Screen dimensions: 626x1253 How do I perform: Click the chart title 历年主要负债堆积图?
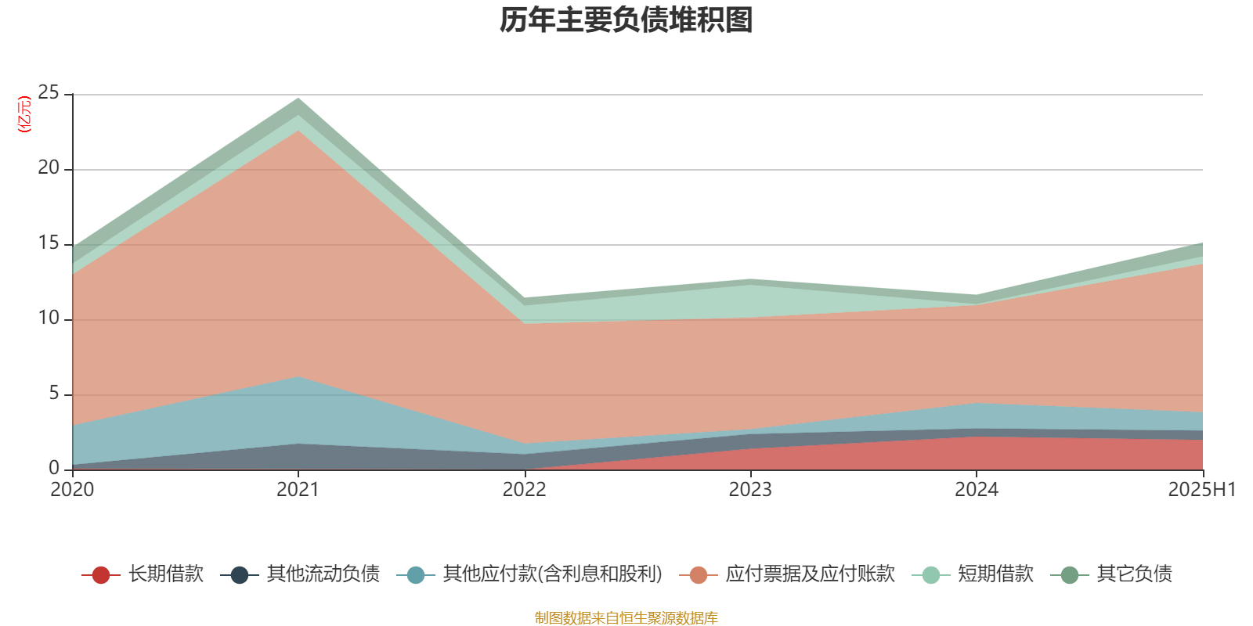point(626,20)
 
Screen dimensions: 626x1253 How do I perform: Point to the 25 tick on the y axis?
point(49,93)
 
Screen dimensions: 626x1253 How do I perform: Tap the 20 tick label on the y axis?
point(49,168)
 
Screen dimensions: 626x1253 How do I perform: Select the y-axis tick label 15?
point(49,243)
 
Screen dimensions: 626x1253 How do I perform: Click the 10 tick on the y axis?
point(49,318)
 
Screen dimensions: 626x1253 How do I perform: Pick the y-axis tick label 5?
point(54,394)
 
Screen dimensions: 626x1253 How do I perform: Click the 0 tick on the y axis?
point(54,468)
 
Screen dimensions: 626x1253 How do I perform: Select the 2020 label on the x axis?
point(72,490)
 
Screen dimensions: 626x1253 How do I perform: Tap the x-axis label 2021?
point(298,490)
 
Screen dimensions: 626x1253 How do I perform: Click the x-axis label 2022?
point(524,490)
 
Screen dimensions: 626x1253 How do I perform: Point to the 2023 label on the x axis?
point(750,490)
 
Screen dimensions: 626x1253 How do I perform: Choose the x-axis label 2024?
point(976,490)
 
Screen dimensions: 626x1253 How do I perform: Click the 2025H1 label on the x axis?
point(1201,490)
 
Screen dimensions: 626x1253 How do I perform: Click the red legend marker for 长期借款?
point(100,575)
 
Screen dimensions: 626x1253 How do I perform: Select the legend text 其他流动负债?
point(323,574)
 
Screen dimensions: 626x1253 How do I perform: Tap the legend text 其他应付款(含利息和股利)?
point(552,574)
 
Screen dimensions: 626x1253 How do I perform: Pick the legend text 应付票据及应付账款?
point(810,574)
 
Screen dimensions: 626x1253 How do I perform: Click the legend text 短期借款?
point(995,574)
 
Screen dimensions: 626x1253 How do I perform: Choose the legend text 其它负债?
point(1134,574)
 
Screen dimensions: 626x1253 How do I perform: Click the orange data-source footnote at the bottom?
point(626,618)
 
